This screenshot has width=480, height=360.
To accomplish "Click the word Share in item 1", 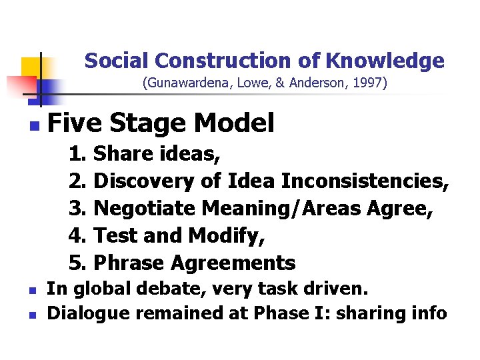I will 122,154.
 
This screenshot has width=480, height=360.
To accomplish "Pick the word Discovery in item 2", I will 144,181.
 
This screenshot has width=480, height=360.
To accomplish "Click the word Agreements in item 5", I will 233,263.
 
